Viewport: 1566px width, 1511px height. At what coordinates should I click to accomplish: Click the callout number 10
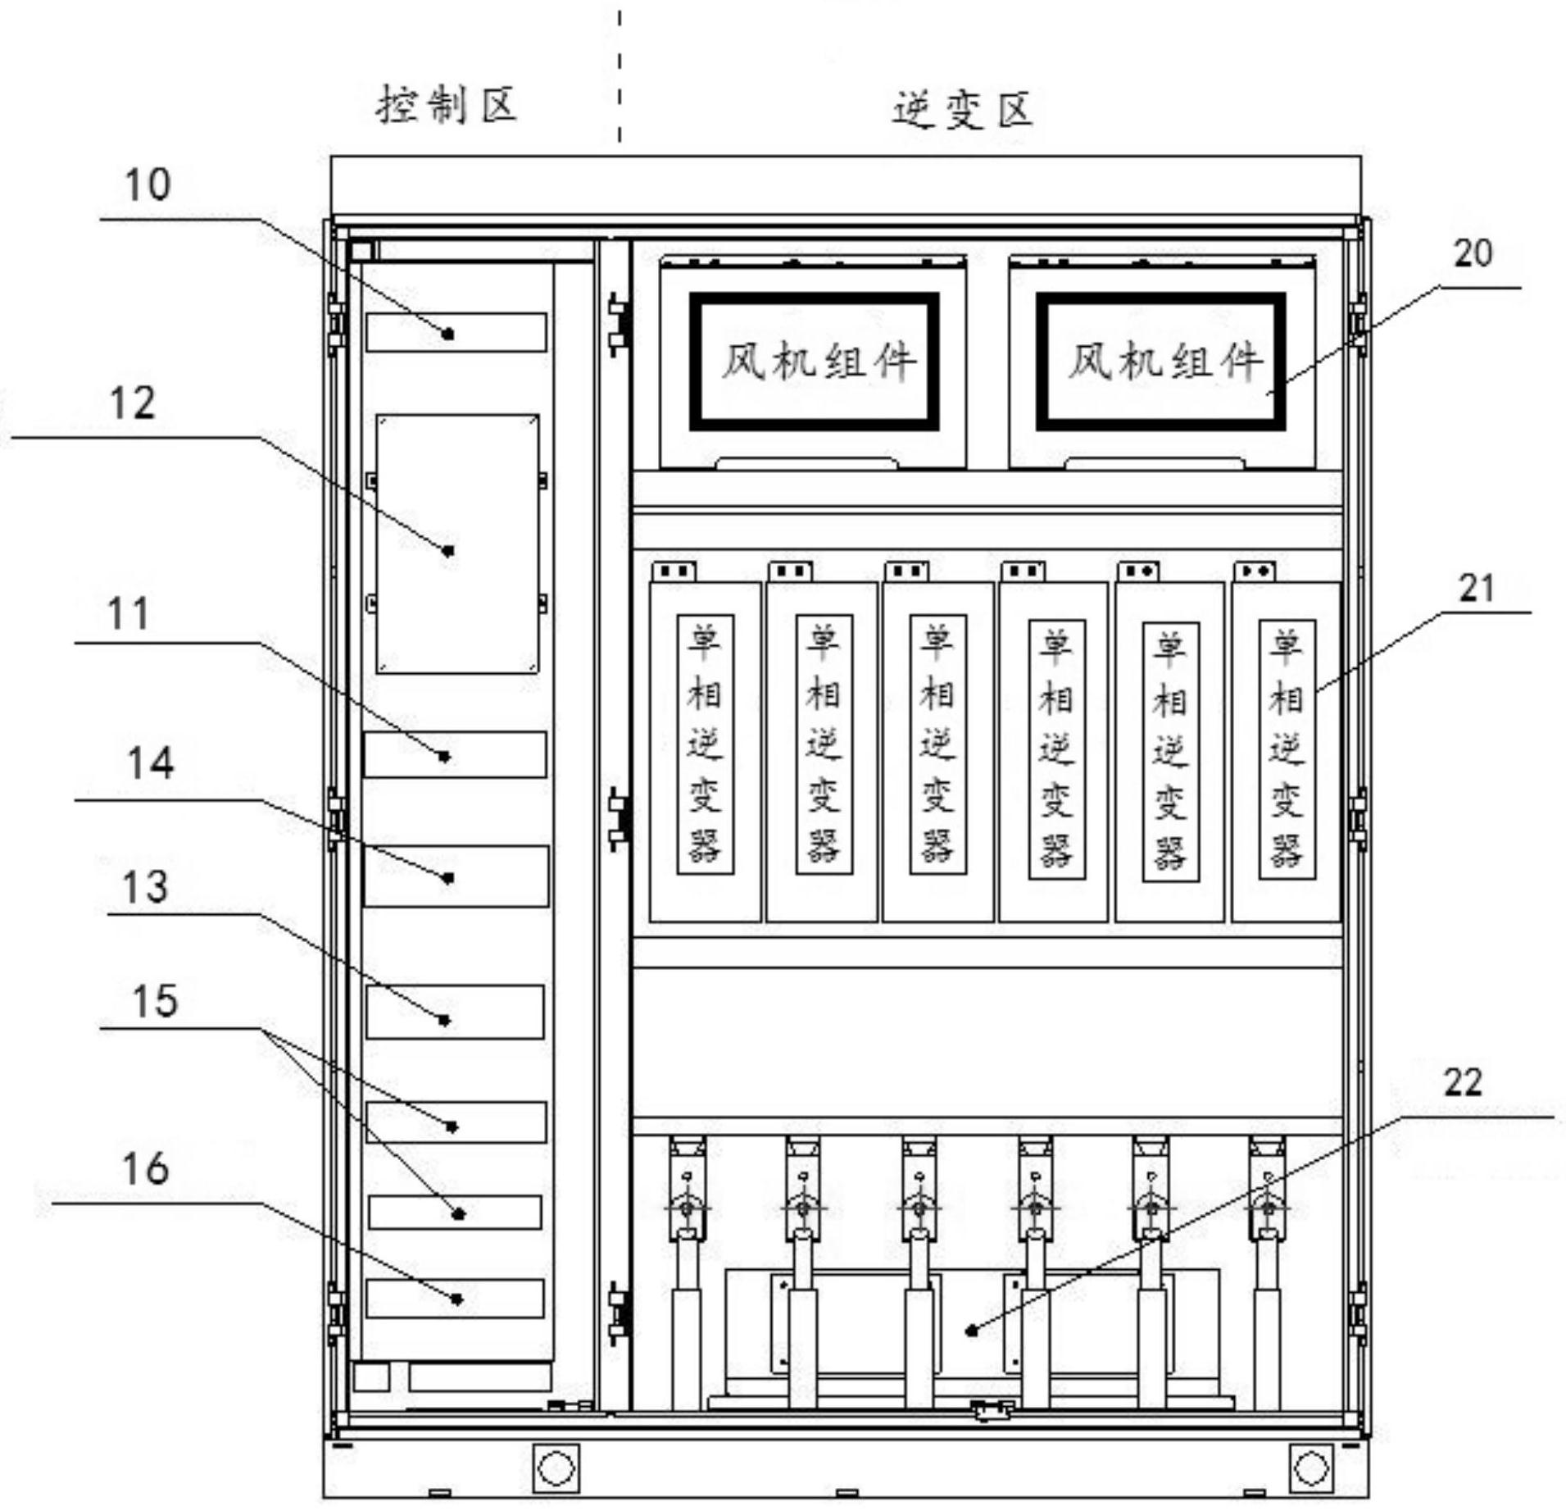[148, 185]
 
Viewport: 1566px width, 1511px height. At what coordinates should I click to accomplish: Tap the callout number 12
[132, 404]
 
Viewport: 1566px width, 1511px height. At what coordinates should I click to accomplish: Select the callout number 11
[129, 614]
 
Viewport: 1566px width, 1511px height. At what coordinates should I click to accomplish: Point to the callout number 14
[151, 763]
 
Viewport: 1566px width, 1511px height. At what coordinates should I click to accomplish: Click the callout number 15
[154, 1001]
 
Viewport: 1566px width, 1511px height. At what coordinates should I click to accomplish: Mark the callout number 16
[146, 1168]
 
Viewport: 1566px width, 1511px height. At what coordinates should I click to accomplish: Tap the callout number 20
[1473, 253]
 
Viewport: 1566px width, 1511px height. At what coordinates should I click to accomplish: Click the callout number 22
[1463, 1083]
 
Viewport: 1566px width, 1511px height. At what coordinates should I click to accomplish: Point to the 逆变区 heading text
[963, 111]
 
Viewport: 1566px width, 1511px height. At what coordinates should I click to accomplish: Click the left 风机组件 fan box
[814, 362]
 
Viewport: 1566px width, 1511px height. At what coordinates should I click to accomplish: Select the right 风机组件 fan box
[1160, 362]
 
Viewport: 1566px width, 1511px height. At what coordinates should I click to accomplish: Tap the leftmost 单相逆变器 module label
[705, 744]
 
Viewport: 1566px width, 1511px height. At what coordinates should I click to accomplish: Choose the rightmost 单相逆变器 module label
[1287, 749]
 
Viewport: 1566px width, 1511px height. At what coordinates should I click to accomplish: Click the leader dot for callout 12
[448, 551]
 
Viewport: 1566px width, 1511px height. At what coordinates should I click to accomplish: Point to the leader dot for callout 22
[972, 1331]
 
